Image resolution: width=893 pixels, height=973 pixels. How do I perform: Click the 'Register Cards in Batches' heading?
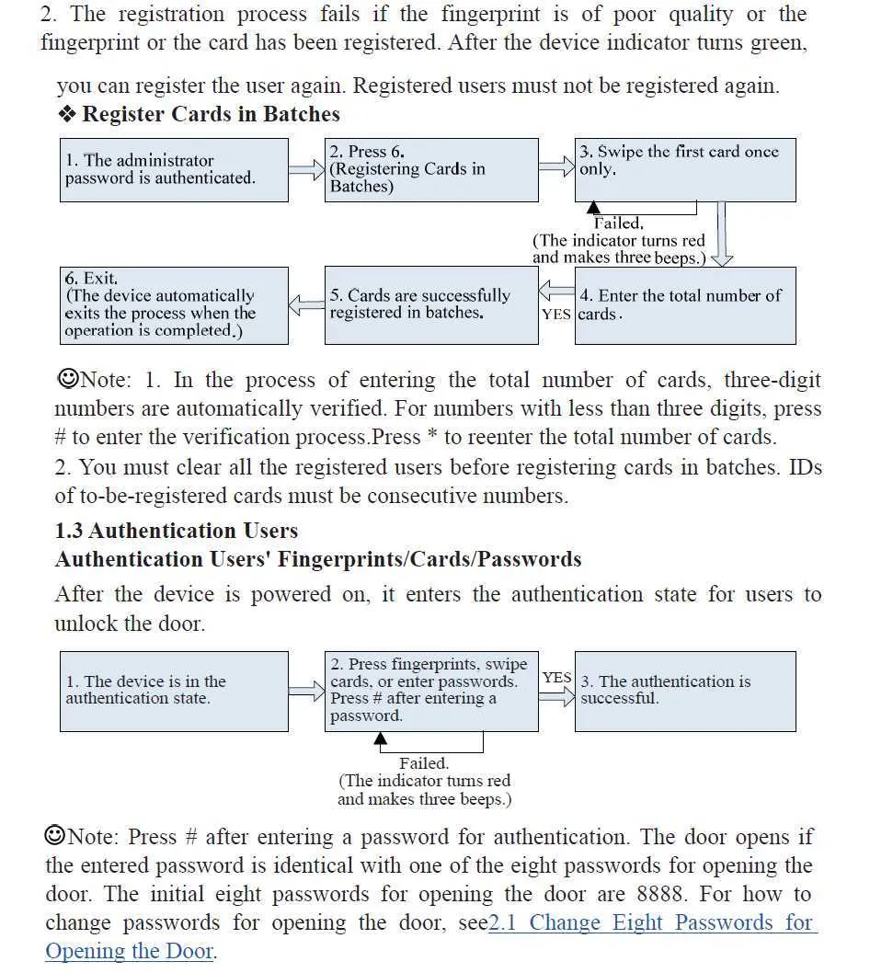[x=211, y=114]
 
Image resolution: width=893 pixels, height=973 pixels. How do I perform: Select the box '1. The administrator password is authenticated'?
[x=175, y=170]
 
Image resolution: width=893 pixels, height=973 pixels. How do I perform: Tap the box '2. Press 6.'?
[x=431, y=170]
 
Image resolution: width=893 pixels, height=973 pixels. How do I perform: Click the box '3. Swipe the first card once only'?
[x=685, y=170]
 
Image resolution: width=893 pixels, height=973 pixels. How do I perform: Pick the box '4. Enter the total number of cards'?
[x=685, y=305]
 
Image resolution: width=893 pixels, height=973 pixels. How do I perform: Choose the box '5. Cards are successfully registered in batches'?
[x=431, y=305]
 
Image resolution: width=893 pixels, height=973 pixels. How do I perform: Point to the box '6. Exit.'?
[x=175, y=305]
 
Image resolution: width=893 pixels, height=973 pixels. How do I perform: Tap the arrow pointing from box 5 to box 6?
[x=307, y=304]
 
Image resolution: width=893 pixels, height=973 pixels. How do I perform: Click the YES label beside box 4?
[x=556, y=315]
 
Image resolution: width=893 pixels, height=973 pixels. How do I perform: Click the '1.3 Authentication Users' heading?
[x=177, y=531]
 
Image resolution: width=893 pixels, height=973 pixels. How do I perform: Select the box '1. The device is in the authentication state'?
[x=175, y=691]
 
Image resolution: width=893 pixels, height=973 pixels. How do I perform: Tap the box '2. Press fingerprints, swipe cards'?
[x=431, y=691]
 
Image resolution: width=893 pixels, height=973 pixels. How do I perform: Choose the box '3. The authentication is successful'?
[x=685, y=691]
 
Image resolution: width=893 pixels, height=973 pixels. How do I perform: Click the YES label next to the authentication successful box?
[x=556, y=678]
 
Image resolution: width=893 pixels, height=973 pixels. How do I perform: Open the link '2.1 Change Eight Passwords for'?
[x=651, y=922]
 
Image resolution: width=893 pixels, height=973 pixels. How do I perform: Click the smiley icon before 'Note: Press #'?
[x=55, y=836]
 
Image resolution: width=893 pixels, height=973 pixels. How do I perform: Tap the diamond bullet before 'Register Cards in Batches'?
[x=66, y=114]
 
